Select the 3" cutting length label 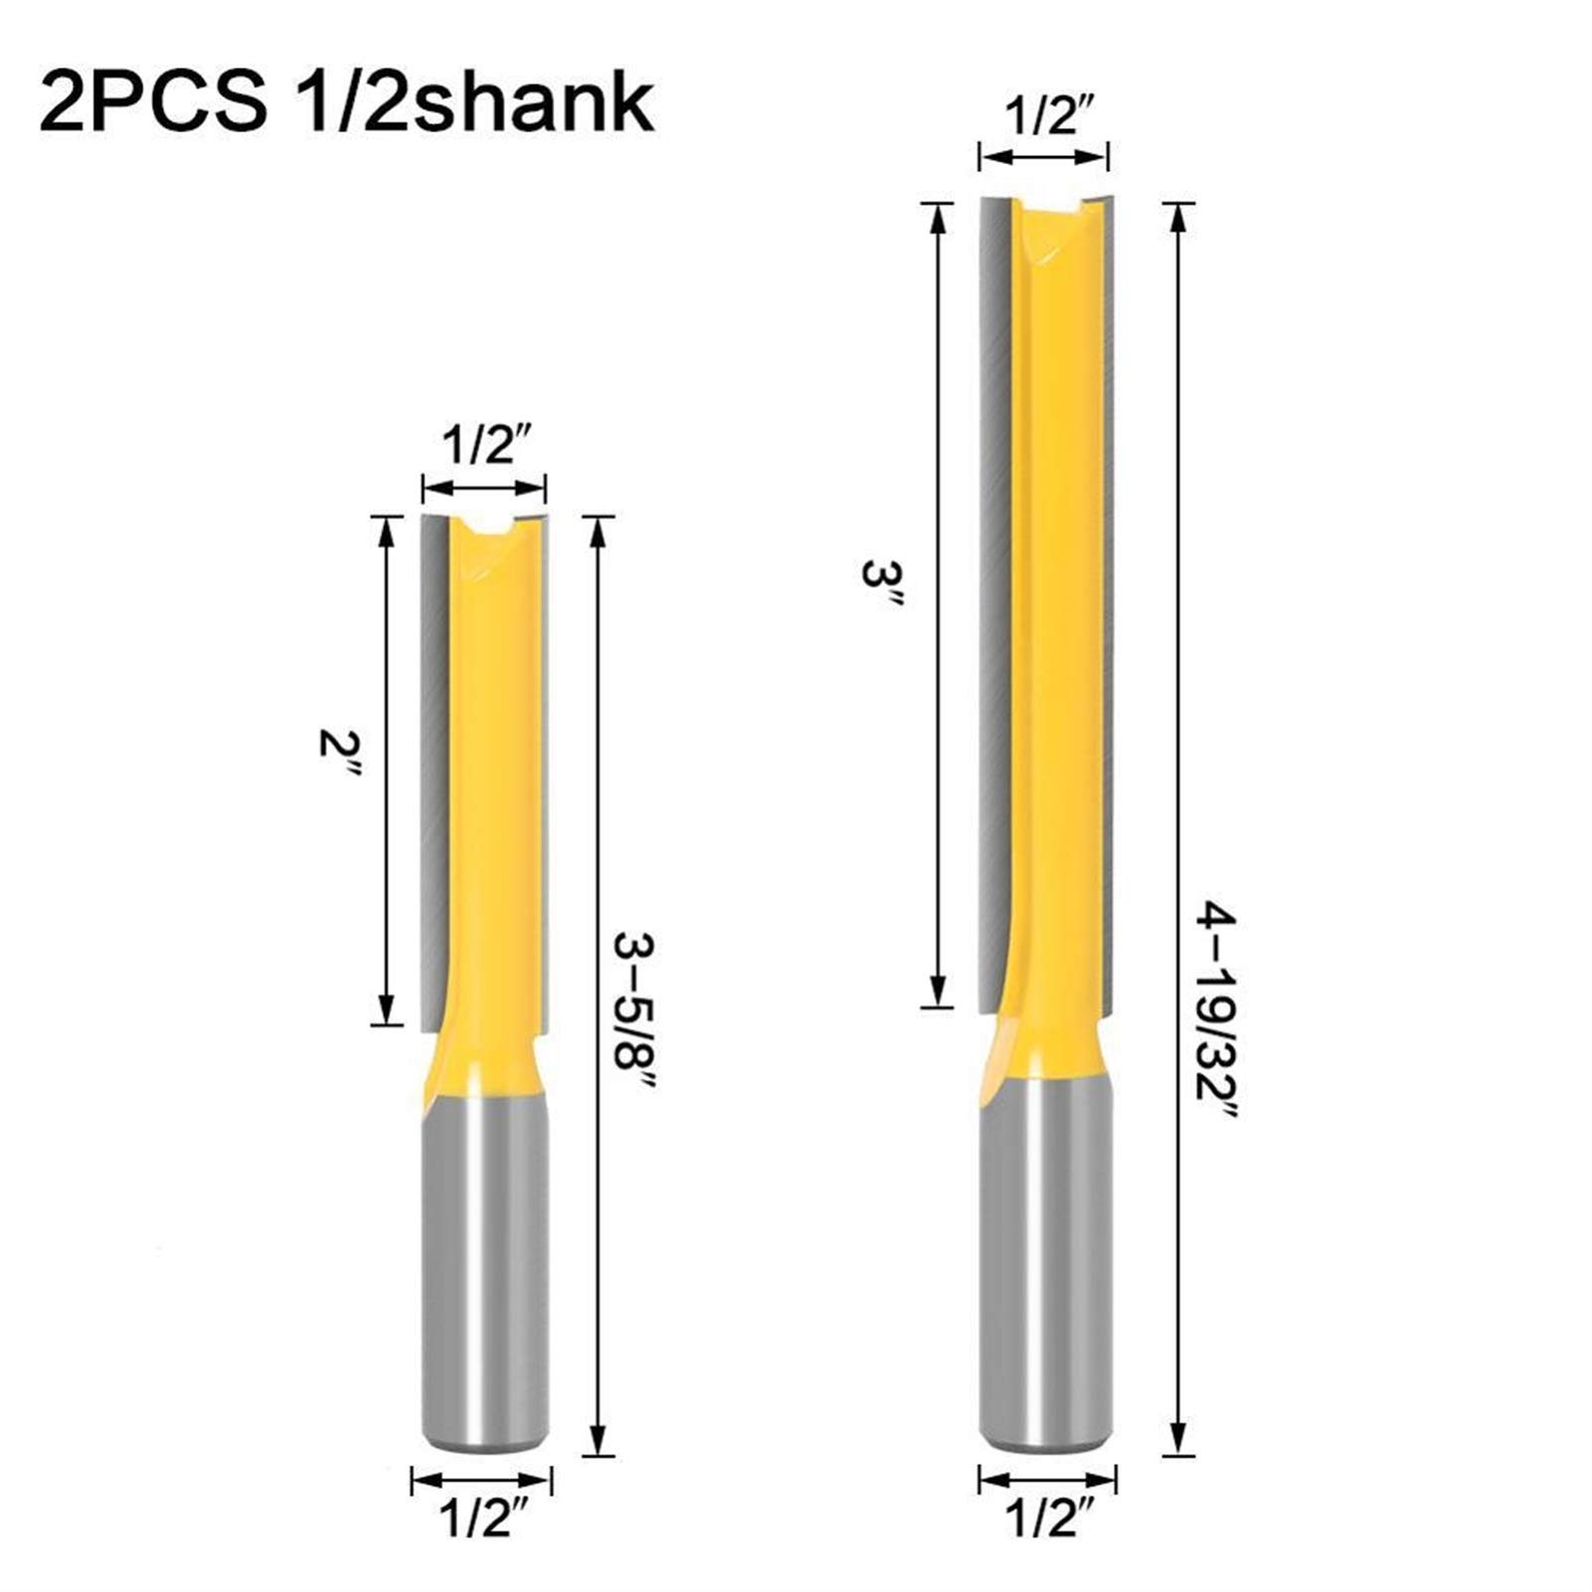click(881, 587)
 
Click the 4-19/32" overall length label click(1217, 1024)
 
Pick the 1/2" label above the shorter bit click(483, 445)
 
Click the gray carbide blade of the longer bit click(993, 597)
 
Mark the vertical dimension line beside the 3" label click(937, 607)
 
